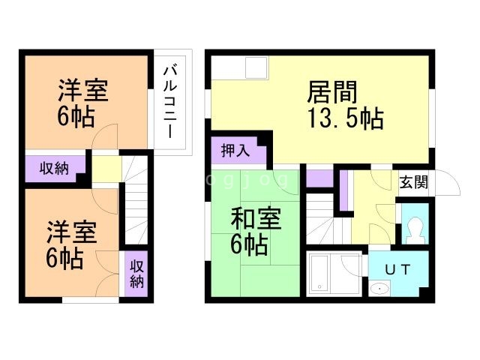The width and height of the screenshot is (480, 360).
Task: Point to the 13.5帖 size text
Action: click(346, 118)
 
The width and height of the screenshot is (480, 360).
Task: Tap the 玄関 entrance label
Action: click(413, 181)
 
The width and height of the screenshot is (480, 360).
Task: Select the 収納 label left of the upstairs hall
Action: click(54, 168)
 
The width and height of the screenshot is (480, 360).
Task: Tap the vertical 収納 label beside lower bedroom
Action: click(136, 274)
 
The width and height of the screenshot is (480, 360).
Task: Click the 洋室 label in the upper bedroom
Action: click(84, 91)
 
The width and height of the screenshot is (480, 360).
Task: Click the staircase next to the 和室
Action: click(322, 217)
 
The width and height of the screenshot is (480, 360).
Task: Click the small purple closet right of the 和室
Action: click(319, 178)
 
